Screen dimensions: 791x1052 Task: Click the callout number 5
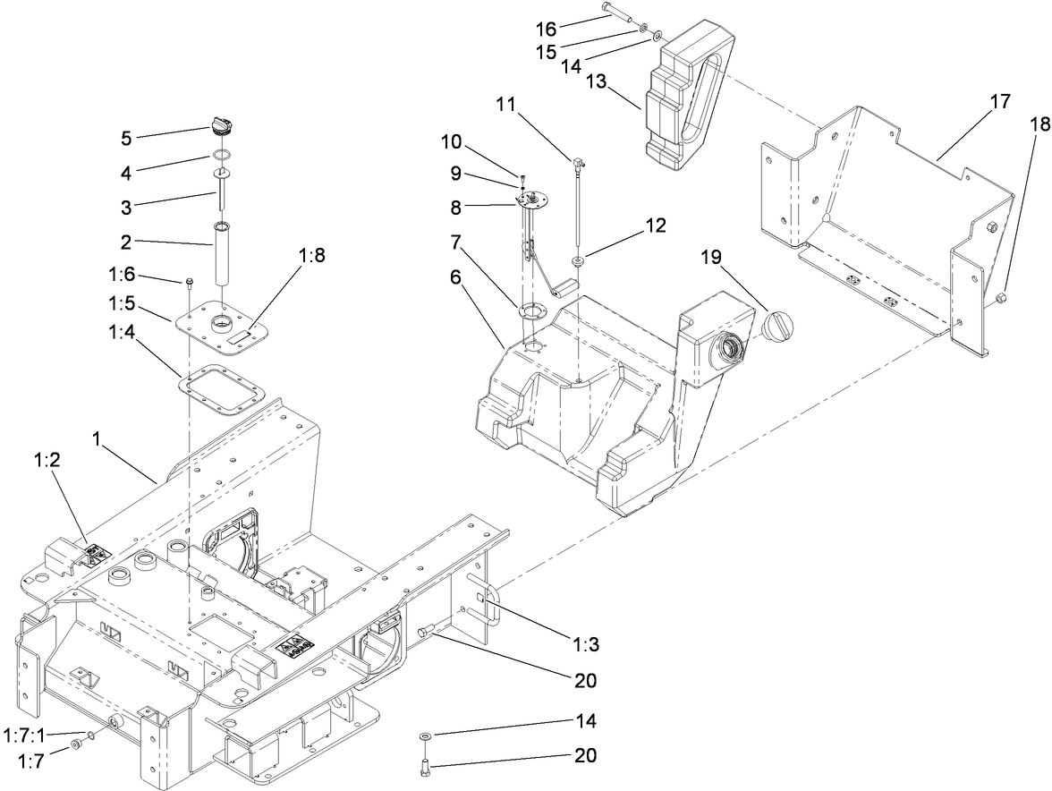tap(126, 139)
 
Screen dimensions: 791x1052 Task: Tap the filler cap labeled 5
tap(223, 124)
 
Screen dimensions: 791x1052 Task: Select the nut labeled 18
tap(1002, 297)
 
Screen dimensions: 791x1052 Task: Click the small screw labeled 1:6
tap(191, 285)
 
